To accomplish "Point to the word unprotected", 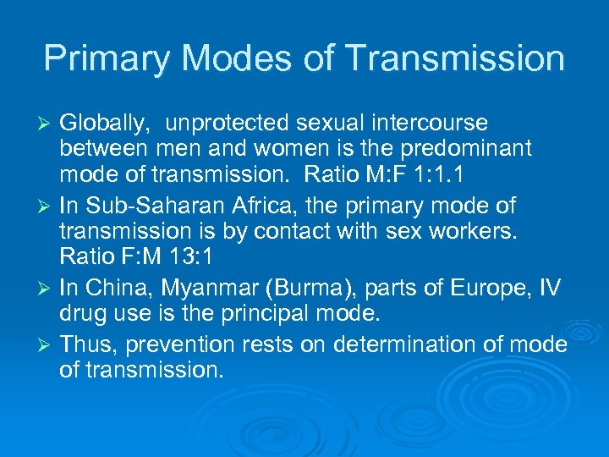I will click(225, 124).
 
